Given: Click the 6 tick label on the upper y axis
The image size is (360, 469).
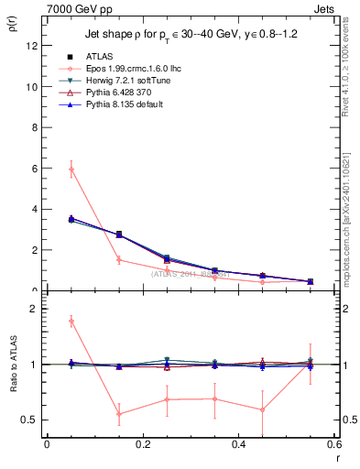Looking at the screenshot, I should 33,169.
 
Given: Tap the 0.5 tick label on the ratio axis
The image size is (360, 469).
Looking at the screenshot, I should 28,420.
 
